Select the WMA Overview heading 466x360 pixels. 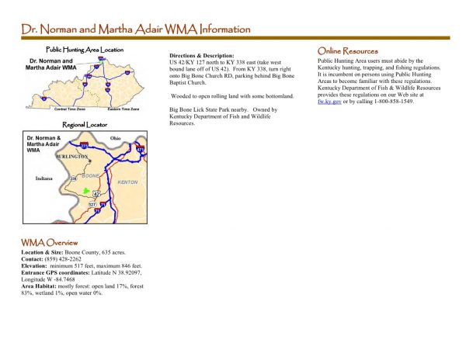(x=50, y=243)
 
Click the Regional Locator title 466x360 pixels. (x=85, y=124)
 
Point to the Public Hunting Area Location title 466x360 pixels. (x=85, y=50)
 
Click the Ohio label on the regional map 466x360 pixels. (x=116, y=139)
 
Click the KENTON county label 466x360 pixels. (x=127, y=182)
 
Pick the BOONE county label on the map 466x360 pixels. (x=91, y=176)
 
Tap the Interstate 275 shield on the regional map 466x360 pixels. (x=84, y=145)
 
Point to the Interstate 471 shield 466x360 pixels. (x=140, y=148)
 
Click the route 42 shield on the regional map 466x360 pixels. (x=96, y=192)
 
